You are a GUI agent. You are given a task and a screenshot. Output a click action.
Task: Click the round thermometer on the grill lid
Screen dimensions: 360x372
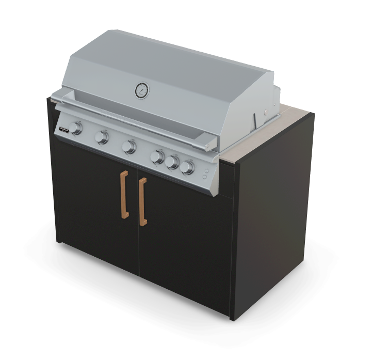pyautogui.click(x=141, y=91)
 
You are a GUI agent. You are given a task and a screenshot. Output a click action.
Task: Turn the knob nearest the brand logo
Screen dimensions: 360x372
pyautogui.click(x=77, y=128)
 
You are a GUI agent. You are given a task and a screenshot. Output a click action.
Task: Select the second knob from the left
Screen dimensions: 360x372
pyautogui.click(x=103, y=137)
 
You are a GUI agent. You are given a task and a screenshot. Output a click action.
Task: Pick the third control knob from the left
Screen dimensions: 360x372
pyautogui.click(x=129, y=147)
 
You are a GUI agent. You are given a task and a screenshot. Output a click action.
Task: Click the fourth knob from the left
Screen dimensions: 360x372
pyautogui.click(x=158, y=156)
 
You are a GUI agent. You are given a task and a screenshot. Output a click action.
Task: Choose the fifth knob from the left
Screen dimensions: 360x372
pyautogui.click(x=173, y=162)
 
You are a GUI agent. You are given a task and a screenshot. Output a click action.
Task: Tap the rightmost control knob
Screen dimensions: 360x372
pyautogui.click(x=188, y=167)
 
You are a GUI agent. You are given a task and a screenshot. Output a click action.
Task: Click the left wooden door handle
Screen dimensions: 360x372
pyautogui.click(x=124, y=195)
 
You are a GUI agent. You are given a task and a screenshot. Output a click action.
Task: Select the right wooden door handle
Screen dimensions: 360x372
pyautogui.click(x=142, y=202)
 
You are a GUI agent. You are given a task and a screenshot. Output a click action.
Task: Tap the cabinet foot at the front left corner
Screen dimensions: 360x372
pyautogui.click(x=60, y=241)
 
